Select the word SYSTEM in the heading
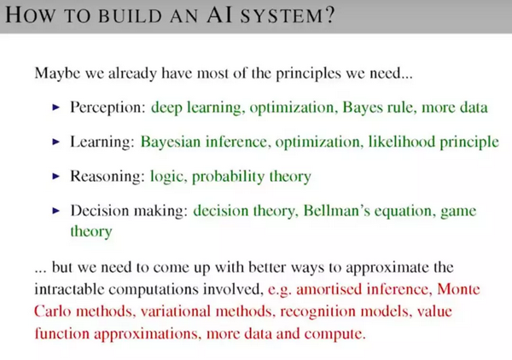[x=282, y=15]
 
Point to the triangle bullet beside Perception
[x=56, y=107]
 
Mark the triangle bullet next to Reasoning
[x=56, y=177]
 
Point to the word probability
[x=228, y=177]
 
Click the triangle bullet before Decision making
[x=56, y=211]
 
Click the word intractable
[x=69, y=289]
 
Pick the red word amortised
[x=327, y=289]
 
